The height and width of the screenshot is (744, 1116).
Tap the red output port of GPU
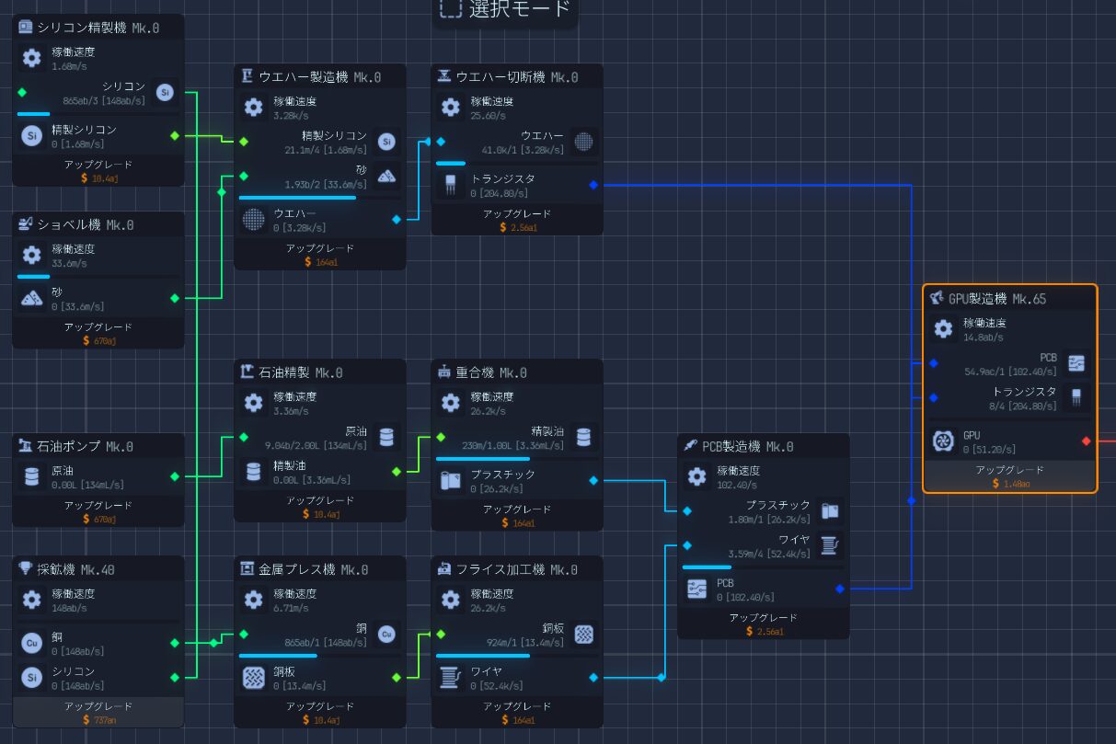[x=1086, y=441]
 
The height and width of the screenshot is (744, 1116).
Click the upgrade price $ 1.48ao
[x=1009, y=484]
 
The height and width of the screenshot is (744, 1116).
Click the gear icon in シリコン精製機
[x=32, y=58]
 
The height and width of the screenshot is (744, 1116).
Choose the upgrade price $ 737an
[x=98, y=719]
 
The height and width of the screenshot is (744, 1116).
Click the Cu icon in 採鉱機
[x=32, y=643]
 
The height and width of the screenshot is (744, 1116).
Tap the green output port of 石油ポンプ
[x=175, y=475]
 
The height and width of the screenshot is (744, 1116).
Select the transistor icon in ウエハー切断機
[x=450, y=186]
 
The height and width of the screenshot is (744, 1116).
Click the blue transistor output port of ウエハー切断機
[x=593, y=186]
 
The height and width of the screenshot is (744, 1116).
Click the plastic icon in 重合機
[x=450, y=481]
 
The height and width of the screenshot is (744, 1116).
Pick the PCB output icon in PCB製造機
[x=696, y=589]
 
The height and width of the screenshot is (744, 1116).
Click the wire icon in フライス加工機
[x=450, y=678]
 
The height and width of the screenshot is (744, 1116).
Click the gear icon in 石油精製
[x=254, y=403]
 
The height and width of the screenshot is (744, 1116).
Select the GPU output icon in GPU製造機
[x=943, y=441]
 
